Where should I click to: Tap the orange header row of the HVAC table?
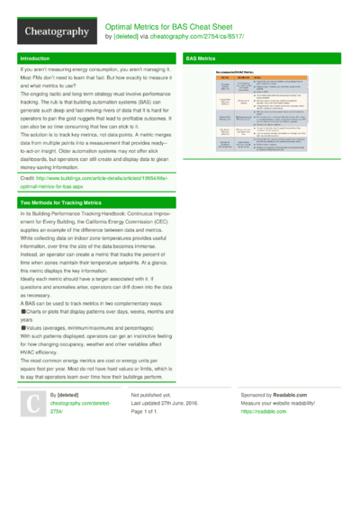pyautogui.click(x=262, y=78)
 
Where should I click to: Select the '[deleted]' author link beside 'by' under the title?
pyautogui.click(x=125, y=37)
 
